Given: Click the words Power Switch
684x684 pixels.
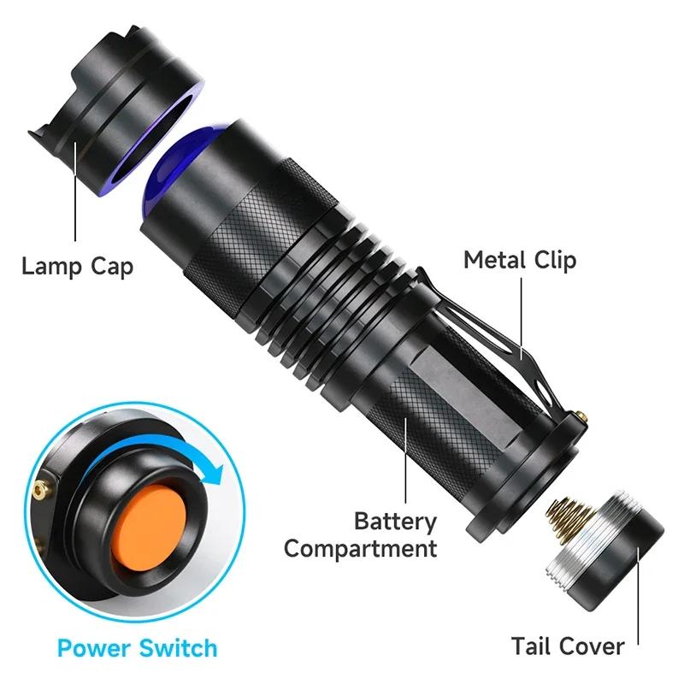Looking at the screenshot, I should (137, 647).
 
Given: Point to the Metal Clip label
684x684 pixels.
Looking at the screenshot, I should (520, 259).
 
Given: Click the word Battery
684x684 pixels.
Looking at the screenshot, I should (395, 521).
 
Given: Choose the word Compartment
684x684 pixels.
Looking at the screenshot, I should (361, 548).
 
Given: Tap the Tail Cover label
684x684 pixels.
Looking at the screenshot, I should (568, 646).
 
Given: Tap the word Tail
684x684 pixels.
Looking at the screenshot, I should (534, 646).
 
